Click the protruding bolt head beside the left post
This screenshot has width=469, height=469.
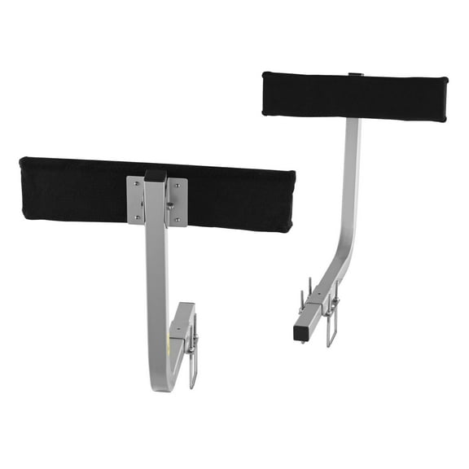point(170,207)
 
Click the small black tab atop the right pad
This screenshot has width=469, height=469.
point(356,75)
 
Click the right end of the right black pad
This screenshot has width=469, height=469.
point(445,99)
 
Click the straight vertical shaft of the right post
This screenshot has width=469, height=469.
point(351,163)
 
